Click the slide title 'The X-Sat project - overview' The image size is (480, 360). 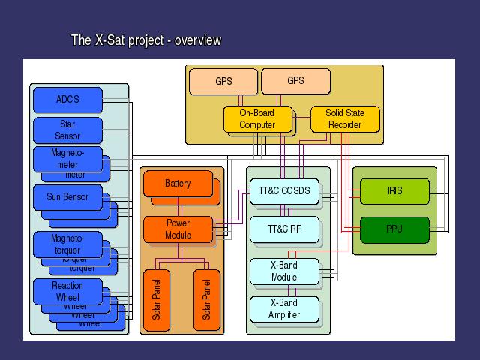pyautogui.click(x=145, y=40)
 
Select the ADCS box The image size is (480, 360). pyautogui.click(x=67, y=99)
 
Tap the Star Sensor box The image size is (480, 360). pyautogui.click(x=67, y=130)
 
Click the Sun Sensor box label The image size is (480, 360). pyautogui.click(x=67, y=197)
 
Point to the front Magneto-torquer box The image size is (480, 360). pyautogui.click(x=67, y=244)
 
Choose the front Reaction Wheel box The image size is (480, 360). pyautogui.click(x=67, y=291)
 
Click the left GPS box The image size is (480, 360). pyautogui.click(x=223, y=81)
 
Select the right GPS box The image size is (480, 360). pyautogui.click(x=295, y=80)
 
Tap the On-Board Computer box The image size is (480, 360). pyautogui.click(x=257, y=119)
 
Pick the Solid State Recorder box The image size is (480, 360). pyautogui.click(x=345, y=119)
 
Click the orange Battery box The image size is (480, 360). pyautogui.click(x=178, y=184)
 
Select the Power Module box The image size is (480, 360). pyautogui.click(x=178, y=229)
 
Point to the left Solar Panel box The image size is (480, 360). pyautogui.click(x=157, y=299)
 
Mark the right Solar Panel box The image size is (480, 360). pyautogui.click(x=207, y=299)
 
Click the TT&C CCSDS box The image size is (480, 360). pyautogui.click(x=284, y=191)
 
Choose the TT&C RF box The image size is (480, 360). pyautogui.click(x=284, y=229)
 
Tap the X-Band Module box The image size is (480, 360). pyautogui.click(x=284, y=271)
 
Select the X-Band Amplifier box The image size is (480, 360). pyautogui.click(x=284, y=309)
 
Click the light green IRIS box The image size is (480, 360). pyautogui.click(x=394, y=191)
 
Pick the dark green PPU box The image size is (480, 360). pyautogui.click(x=394, y=229)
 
